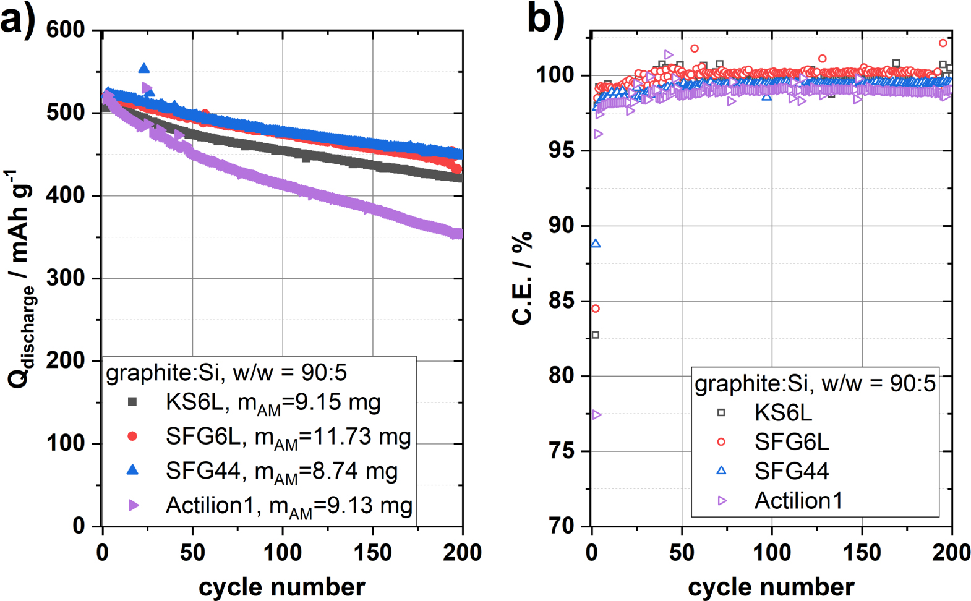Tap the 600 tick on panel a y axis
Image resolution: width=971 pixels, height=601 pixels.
pos(66,30)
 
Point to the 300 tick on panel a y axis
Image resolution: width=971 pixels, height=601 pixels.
pos(66,278)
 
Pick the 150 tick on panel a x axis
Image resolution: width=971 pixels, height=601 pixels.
pos(372,552)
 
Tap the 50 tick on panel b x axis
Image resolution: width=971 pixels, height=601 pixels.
pos(682,552)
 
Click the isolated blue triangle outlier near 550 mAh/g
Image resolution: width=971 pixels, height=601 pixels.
pos(144,69)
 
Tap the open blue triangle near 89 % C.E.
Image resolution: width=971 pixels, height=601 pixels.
pos(596,244)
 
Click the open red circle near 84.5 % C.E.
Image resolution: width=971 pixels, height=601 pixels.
pos(596,309)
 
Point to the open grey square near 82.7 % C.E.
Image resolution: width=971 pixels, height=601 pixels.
pos(596,335)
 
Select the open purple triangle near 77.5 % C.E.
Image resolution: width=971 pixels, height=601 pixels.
pos(596,415)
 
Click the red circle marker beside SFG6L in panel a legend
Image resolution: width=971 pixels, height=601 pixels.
pos(132,437)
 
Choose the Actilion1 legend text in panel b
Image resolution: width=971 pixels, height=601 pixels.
pos(798,501)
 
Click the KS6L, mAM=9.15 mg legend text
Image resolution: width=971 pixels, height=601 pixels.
pos(273,403)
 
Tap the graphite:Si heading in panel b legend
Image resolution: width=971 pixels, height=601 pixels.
pos(815,384)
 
